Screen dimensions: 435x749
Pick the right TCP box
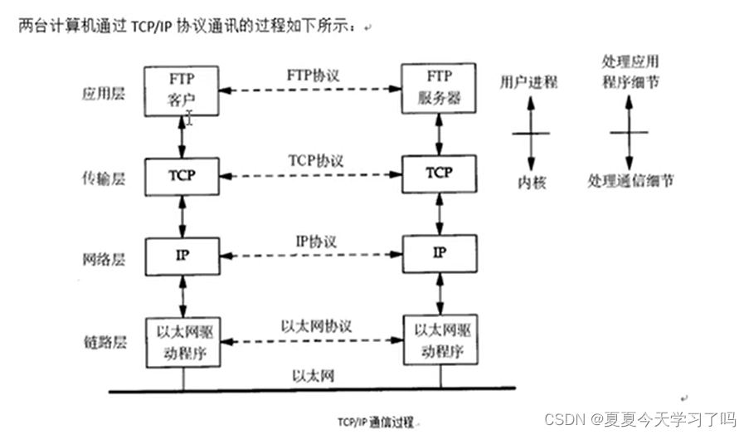[x=439, y=173]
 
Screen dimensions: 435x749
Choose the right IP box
[x=439, y=252]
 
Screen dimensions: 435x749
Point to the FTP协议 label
[x=313, y=75]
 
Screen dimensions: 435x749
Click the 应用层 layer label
[x=104, y=94]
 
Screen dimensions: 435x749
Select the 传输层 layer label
[x=104, y=178]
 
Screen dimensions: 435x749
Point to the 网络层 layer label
[x=104, y=259]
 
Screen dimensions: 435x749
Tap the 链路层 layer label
[x=104, y=342]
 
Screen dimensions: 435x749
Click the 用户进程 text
[x=528, y=81]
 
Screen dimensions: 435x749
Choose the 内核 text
[x=528, y=182]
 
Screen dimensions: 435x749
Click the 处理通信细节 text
[x=630, y=180]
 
